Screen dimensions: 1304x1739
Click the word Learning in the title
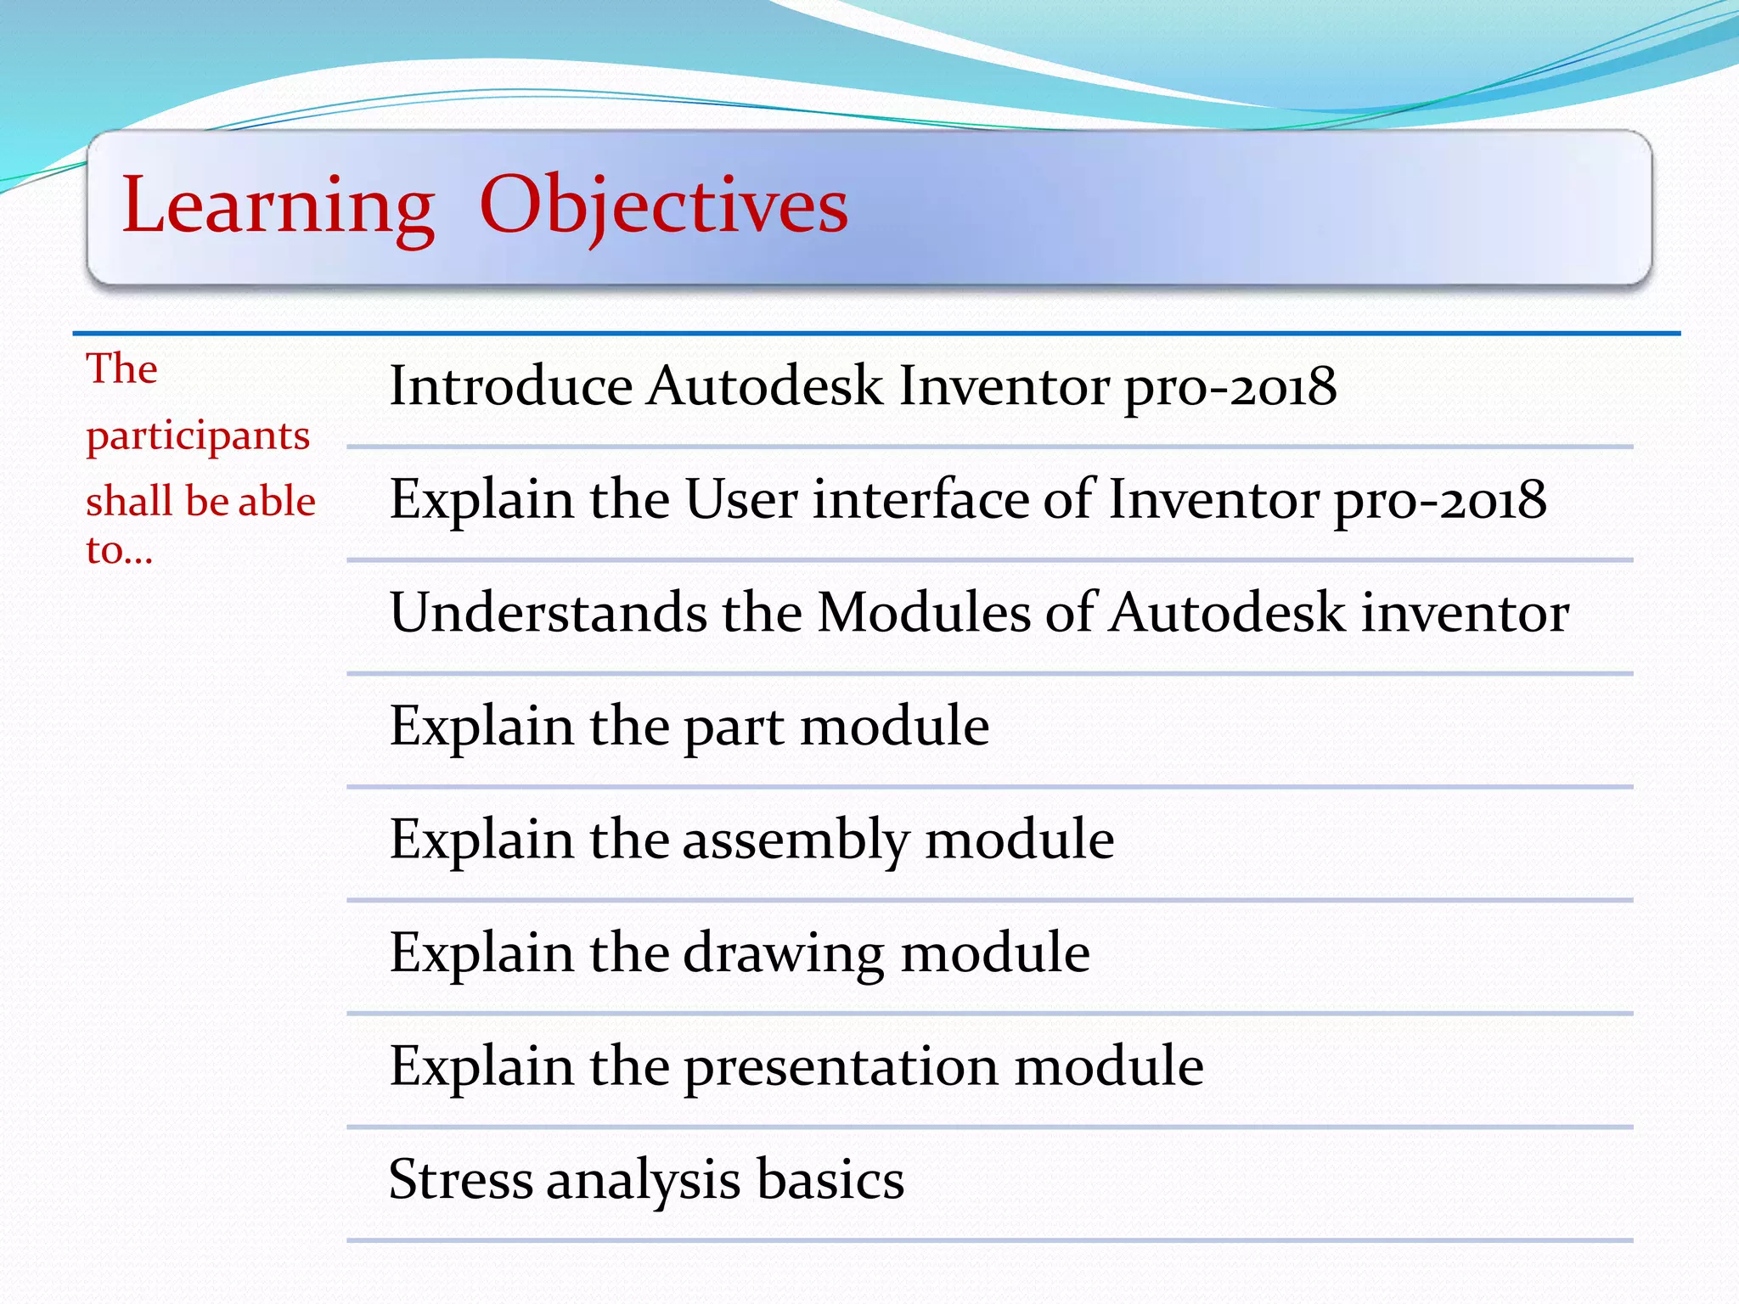278,206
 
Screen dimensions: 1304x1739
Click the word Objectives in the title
663,206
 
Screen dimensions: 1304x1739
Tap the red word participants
198,437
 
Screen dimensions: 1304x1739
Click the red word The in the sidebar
121,369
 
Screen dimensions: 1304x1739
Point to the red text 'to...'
119,551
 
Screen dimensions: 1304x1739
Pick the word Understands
549,613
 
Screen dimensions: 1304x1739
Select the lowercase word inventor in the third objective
1466,613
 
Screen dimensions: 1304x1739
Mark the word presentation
841,1068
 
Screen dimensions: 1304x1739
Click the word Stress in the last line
460,1179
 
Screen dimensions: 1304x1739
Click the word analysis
643,1181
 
